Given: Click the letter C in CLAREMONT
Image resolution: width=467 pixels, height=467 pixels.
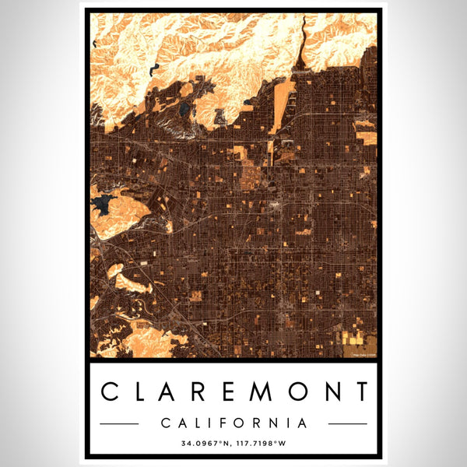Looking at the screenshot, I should [x=111, y=392].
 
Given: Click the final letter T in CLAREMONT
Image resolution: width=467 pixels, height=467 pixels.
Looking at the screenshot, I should [x=360, y=392].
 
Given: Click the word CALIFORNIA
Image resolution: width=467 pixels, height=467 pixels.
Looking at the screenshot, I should [x=233, y=423].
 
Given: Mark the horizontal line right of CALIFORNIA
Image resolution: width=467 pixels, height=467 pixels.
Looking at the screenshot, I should [x=347, y=423].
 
